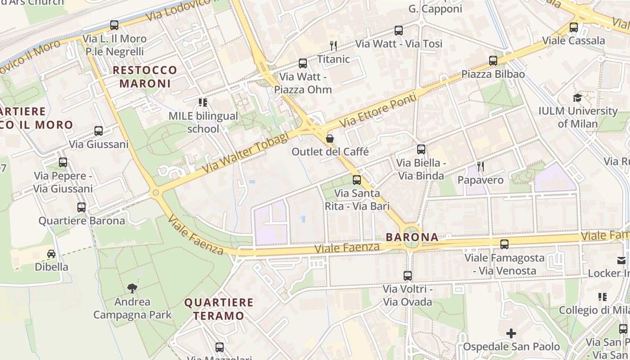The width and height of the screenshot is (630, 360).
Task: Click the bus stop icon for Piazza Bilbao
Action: (x=493, y=60)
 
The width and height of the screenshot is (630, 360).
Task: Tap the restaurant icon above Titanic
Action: (x=333, y=45)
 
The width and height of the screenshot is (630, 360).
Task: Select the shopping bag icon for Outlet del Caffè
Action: (x=330, y=138)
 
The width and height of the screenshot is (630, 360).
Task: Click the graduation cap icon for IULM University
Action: (x=577, y=98)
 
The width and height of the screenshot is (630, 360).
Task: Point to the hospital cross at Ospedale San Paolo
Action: (x=511, y=333)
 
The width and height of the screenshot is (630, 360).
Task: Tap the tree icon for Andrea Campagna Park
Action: (x=132, y=288)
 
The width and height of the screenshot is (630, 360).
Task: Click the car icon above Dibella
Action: (x=51, y=254)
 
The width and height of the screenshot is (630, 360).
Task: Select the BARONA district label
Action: (x=412, y=237)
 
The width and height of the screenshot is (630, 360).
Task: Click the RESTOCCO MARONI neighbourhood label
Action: (x=145, y=77)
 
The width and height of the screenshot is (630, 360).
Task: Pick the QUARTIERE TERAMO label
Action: (x=219, y=309)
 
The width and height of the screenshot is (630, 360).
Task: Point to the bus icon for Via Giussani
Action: (x=99, y=131)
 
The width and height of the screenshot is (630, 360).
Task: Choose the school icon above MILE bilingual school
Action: (x=202, y=103)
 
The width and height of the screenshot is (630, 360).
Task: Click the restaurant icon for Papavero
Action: (x=481, y=166)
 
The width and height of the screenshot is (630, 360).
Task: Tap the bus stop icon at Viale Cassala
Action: (x=573, y=27)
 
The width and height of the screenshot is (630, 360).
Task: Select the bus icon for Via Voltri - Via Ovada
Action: (x=408, y=275)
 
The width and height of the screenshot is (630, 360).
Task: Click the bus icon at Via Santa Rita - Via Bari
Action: (x=357, y=180)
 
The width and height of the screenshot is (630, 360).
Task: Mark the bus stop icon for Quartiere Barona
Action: (x=81, y=207)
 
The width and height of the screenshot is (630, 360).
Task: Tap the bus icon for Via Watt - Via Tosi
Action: (x=399, y=31)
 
